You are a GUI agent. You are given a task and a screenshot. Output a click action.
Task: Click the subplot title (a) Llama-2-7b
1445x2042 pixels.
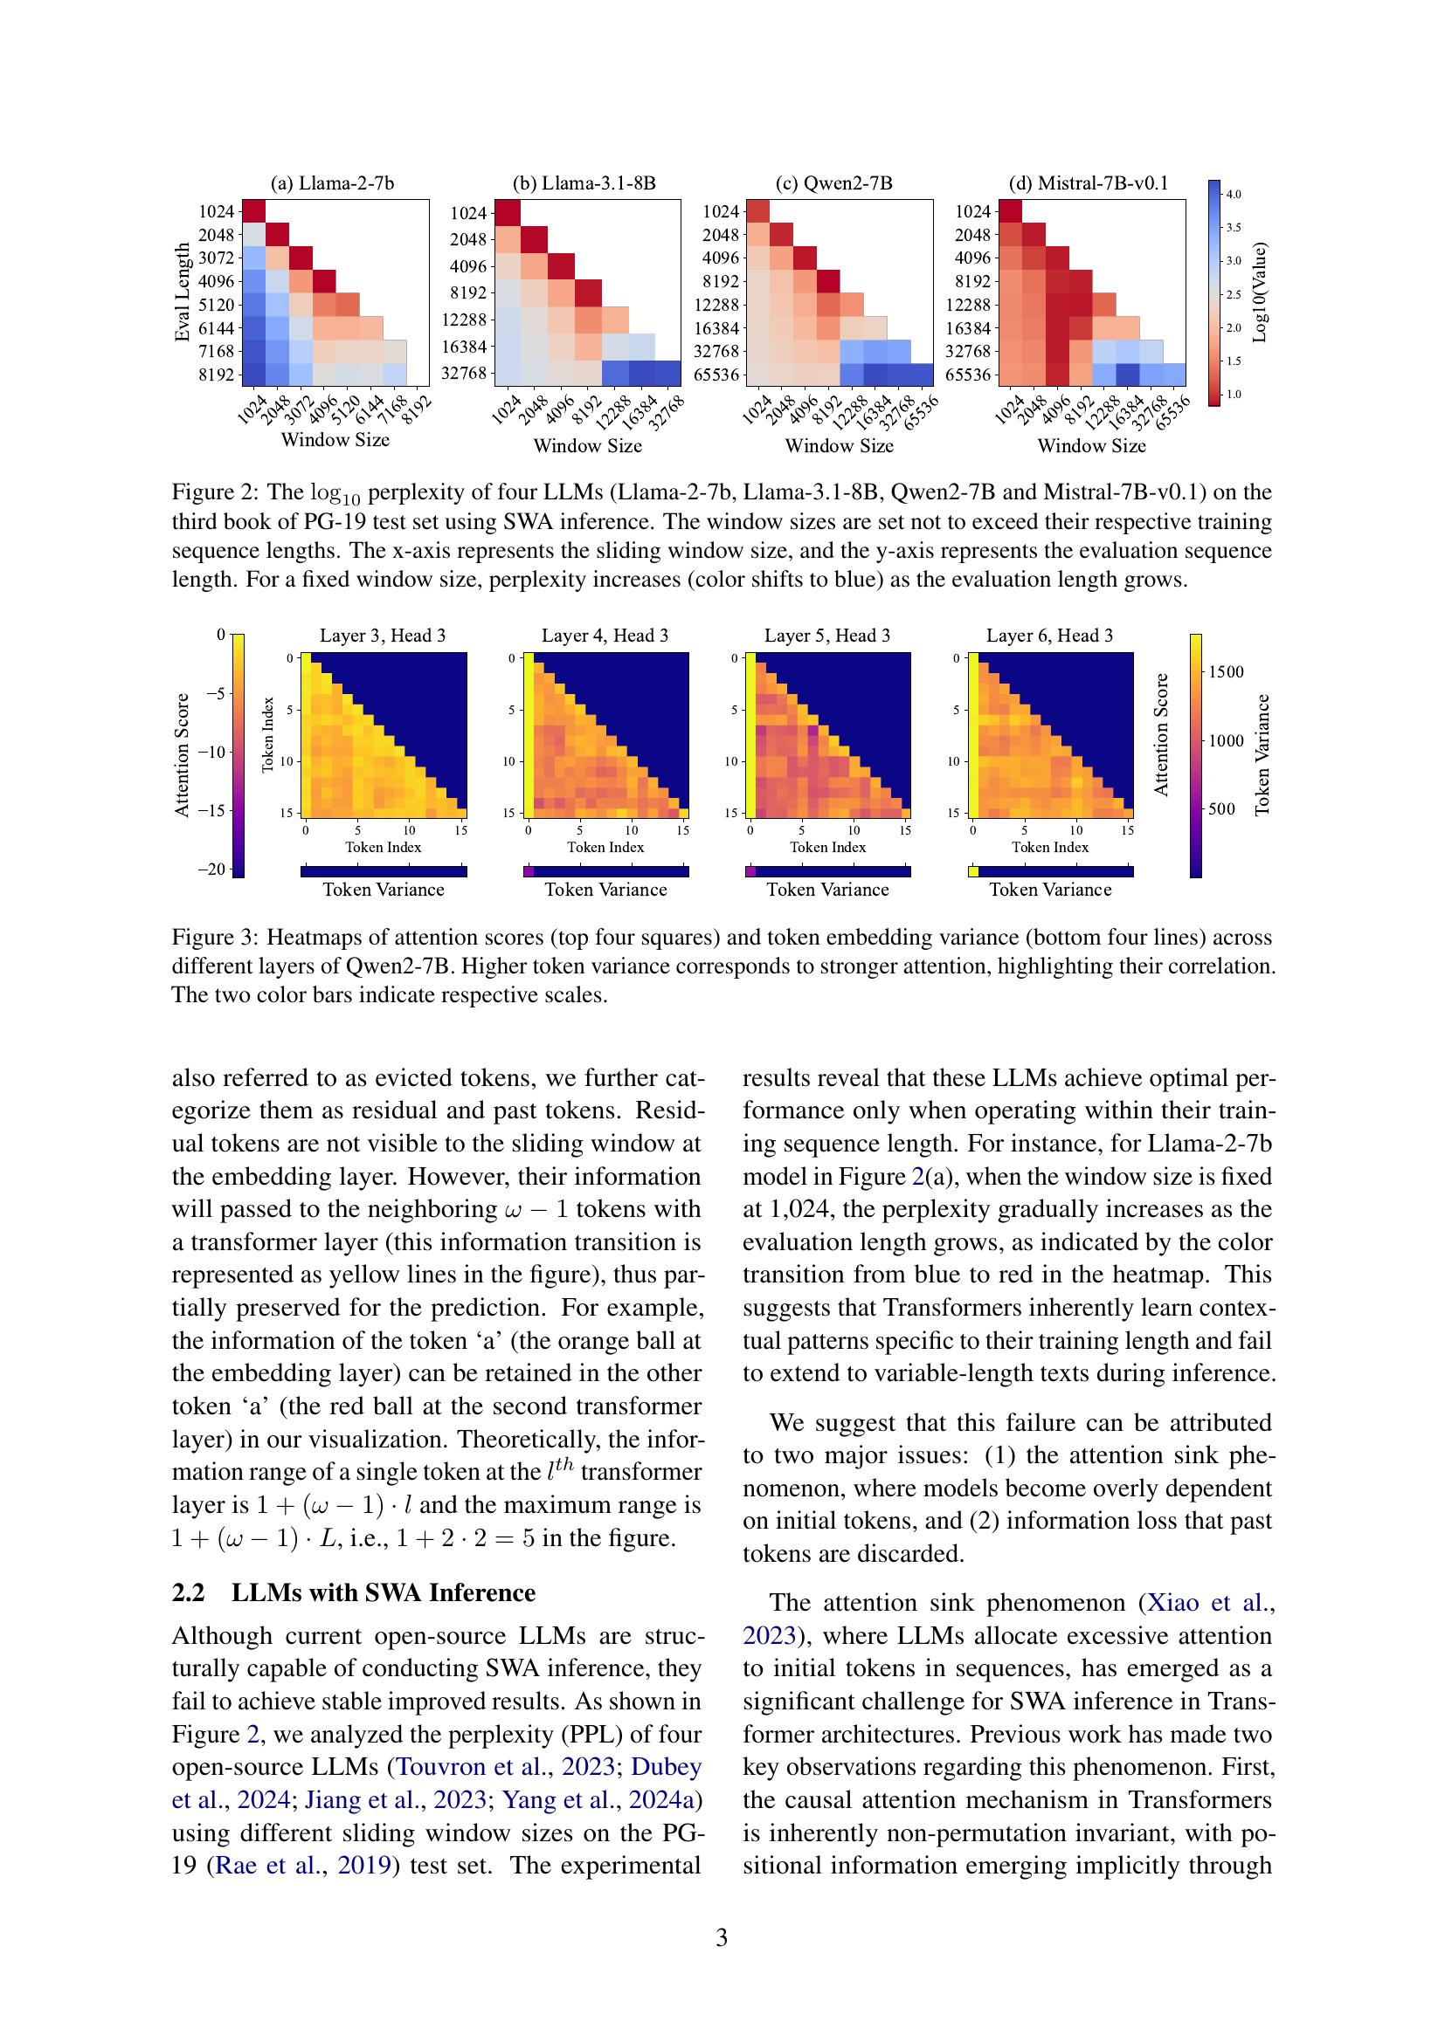332,184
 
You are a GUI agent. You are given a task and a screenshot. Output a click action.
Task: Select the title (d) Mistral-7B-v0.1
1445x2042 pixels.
1090,184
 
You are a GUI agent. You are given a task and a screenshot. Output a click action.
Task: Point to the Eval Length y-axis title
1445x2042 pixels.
183,292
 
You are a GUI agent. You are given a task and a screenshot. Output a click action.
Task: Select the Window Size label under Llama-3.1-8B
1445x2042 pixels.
587,445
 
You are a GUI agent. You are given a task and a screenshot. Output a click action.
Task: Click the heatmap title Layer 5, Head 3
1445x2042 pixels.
826,636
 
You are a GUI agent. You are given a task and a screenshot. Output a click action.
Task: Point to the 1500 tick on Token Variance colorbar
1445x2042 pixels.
1225,671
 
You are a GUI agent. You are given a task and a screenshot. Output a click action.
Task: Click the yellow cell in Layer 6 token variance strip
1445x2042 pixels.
972,871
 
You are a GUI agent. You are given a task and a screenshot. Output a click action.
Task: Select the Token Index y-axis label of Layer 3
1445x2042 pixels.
269,733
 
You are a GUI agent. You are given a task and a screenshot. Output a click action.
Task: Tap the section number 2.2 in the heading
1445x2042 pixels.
188,1593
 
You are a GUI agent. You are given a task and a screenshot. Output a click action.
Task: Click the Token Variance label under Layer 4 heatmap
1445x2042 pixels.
605,890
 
